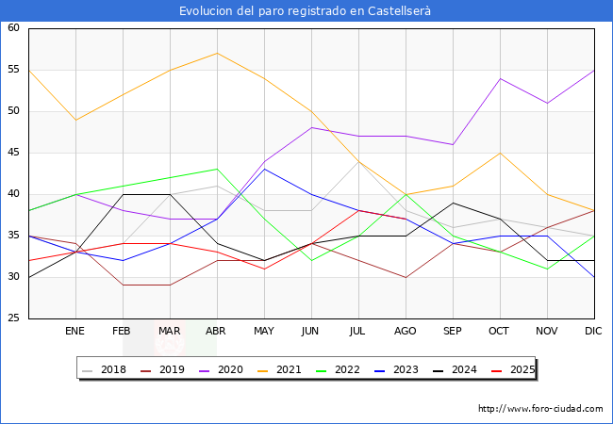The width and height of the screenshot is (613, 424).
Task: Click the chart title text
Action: pos(306,11)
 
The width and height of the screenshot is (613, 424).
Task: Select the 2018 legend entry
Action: pos(105,369)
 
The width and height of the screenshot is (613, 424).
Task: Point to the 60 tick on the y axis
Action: pos(14,28)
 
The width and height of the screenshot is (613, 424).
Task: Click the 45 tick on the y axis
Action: pos(14,153)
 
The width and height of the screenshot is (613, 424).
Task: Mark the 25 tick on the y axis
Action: pos(14,318)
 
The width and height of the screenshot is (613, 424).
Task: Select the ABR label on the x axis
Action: pos(217,332)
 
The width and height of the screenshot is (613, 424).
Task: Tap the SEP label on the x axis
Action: pos(453,332)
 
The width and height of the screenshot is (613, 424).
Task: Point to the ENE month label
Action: pos(75,332)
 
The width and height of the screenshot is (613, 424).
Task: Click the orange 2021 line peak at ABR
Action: pos(217,53)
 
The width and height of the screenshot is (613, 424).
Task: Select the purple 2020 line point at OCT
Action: pos(500,78)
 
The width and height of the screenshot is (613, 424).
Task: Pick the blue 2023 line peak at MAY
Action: pos(264,169)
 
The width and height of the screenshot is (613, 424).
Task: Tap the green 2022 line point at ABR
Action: pos(217,169)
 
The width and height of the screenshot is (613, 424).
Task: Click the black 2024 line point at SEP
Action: pos(453,203)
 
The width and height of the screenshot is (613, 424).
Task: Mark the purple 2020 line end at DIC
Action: pos(594,70)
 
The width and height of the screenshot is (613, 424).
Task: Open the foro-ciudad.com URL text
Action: pos(540,409)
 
